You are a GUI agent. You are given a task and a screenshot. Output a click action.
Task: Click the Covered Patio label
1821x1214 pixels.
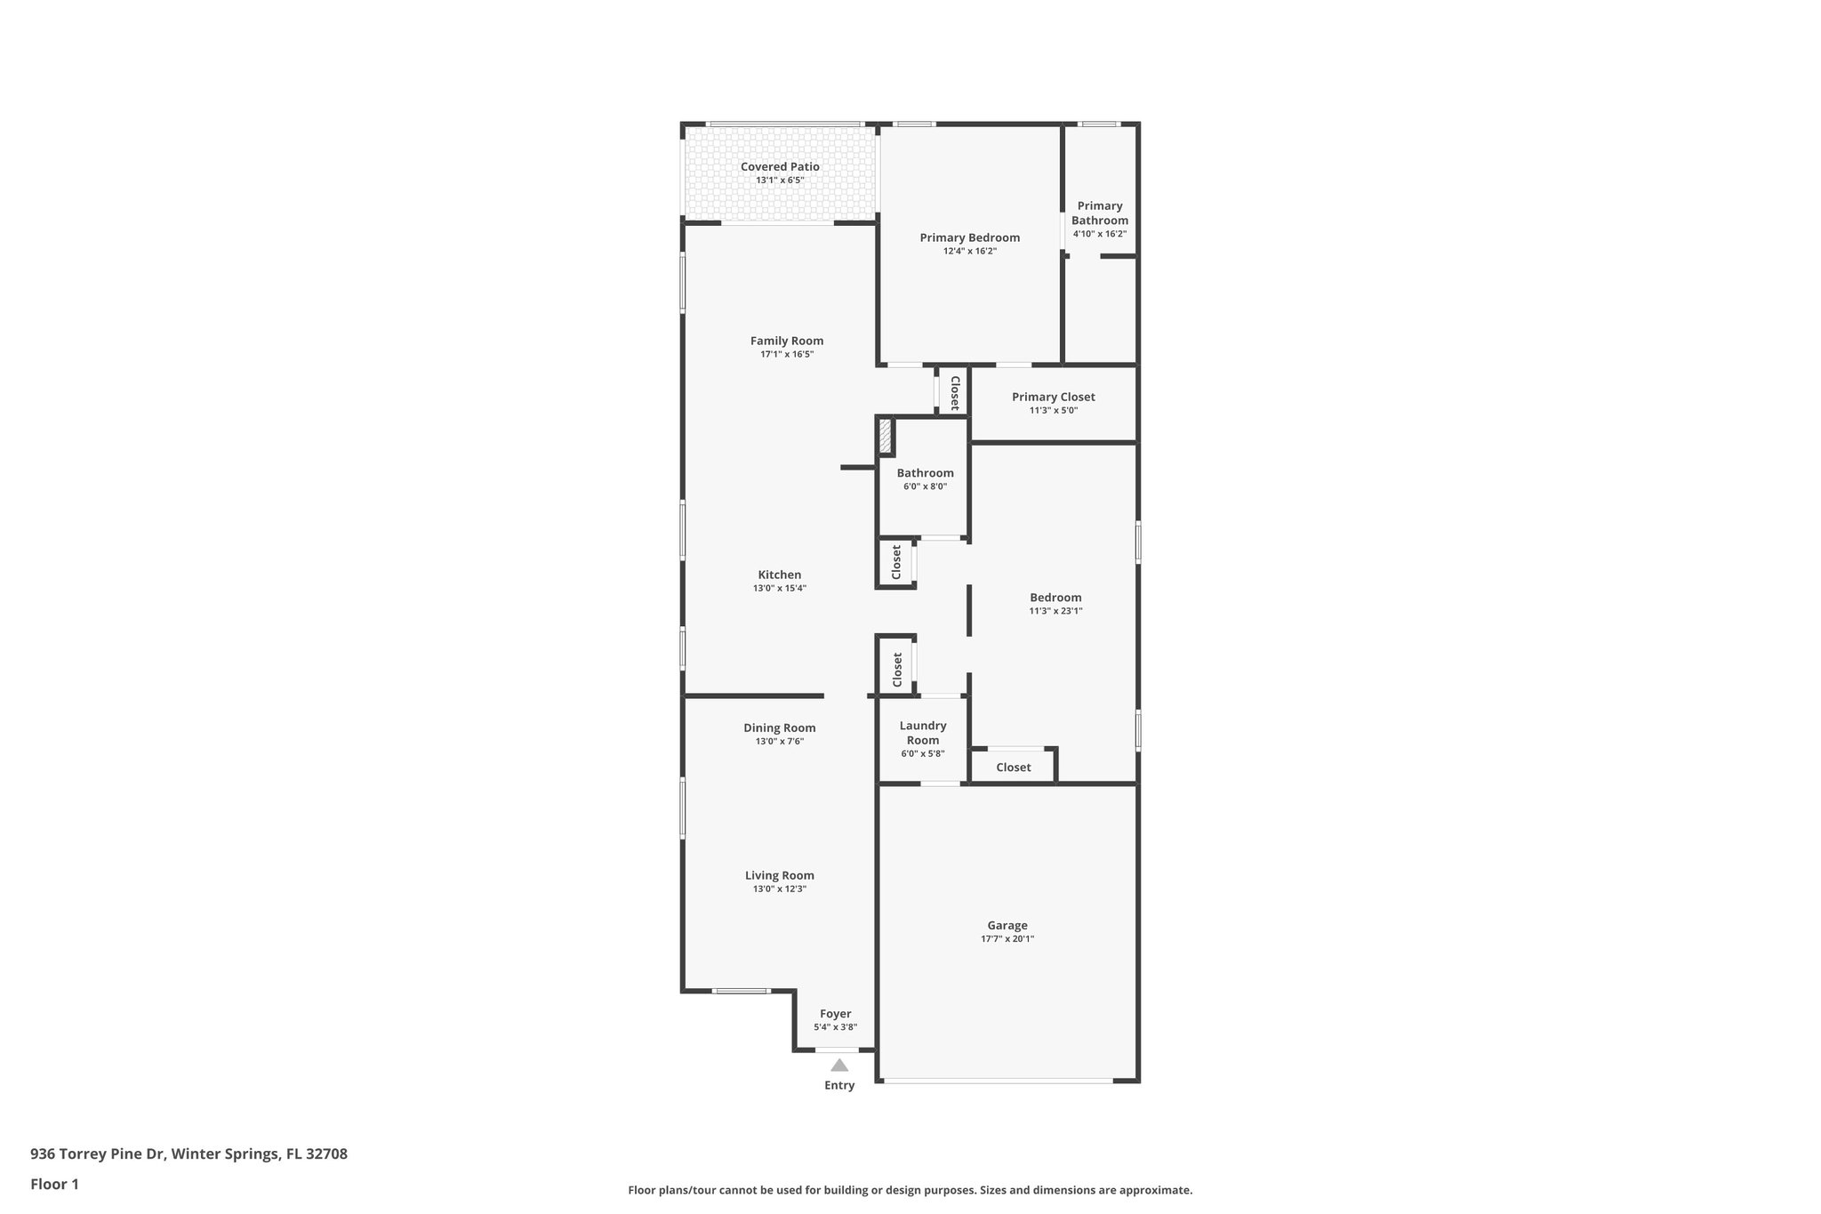(x=780, y=166)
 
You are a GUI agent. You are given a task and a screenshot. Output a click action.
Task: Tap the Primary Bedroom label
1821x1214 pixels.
(x=969, y=237)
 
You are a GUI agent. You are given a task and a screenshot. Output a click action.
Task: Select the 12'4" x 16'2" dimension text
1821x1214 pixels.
(x=969, y=252)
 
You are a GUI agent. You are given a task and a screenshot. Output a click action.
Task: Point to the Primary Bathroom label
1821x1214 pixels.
(x=1100, y=213)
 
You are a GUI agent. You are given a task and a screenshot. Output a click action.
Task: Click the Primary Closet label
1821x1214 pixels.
(x=1053, y=397)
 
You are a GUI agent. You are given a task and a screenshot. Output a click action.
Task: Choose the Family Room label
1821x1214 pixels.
(x=786, y=341)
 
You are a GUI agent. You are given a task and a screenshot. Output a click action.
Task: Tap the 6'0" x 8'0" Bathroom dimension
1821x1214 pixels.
(x=925, y=486)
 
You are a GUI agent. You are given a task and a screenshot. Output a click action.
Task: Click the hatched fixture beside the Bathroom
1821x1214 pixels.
(x=885, y=437)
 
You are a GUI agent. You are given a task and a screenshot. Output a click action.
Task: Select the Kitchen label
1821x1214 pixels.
(x=779, y=575)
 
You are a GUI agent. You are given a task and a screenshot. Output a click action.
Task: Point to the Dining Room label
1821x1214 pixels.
(x=779, y=728)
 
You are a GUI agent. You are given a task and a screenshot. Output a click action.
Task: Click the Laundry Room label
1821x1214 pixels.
(x=923, y=733)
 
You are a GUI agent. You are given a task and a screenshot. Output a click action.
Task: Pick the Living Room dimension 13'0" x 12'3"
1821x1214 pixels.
(x=779, y=889)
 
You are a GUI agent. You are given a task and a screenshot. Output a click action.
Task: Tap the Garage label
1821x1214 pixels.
(x=1007, y=925)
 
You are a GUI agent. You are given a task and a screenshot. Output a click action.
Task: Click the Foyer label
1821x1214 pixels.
(x=835, y=1014)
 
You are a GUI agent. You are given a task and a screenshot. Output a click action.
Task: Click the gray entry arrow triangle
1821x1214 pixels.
(x=838, y=1065)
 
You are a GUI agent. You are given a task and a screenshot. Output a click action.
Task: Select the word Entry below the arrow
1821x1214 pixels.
(x=838, y=1085)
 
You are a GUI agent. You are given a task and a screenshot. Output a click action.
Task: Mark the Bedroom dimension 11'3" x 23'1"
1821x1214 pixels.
(x=1055, y=611)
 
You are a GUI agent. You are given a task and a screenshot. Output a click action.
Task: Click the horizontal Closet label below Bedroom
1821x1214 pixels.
(x=1013, y=767)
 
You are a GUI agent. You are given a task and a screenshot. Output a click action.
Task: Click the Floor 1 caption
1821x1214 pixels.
(x=54, y=1184)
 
